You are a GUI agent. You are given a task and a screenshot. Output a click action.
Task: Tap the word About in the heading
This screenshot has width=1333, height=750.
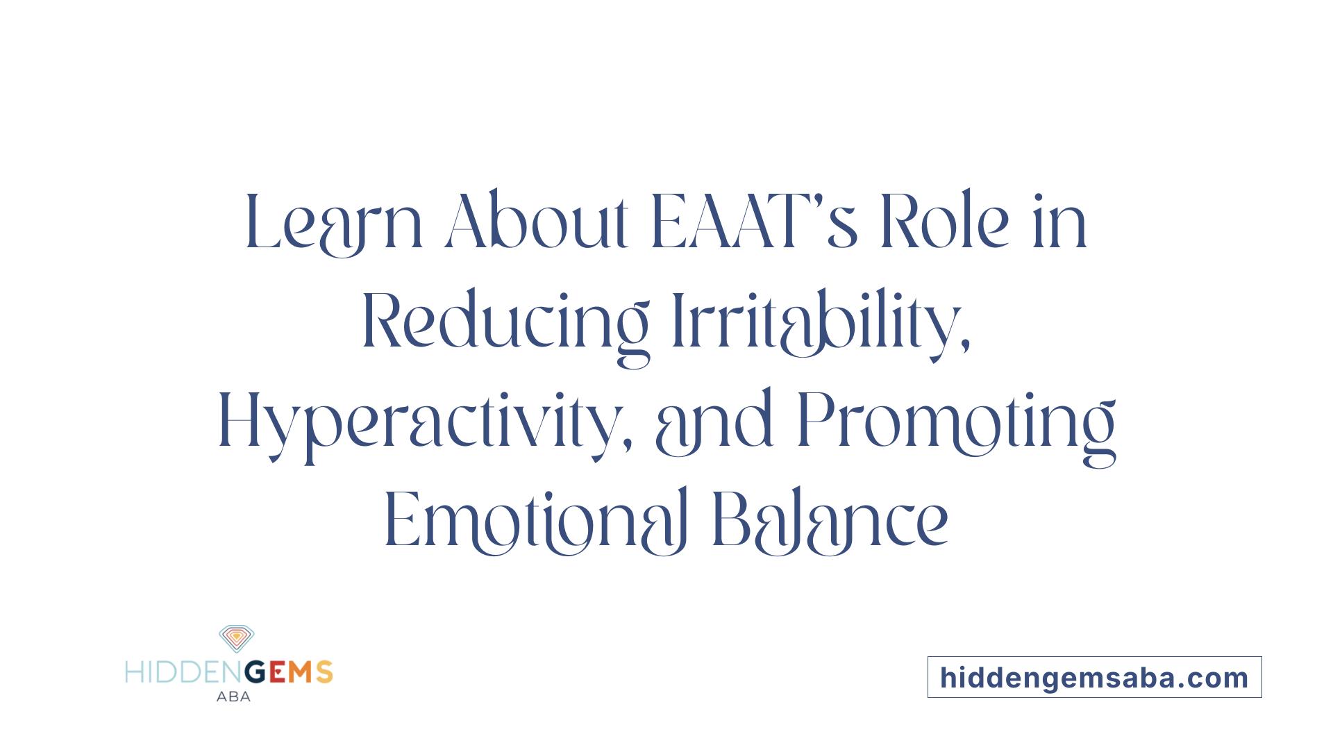[536, 222]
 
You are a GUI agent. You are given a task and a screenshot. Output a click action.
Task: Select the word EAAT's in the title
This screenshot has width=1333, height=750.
[754, 222]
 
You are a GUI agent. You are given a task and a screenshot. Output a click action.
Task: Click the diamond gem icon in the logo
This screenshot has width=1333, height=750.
[237, 638]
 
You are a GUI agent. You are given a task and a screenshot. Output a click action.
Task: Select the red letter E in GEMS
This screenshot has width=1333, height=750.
[278, 672]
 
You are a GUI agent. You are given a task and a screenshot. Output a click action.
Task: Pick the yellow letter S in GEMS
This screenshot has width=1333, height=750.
[324, 672]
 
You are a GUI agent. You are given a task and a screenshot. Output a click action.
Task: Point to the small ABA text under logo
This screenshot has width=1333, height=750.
[233, 697]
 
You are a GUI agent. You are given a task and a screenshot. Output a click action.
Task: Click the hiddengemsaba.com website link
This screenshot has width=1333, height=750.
[1094, 678]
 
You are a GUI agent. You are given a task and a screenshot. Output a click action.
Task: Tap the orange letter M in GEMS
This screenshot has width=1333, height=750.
[301, 672]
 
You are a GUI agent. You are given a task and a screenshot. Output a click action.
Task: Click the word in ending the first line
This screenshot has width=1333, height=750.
[1059, 222]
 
